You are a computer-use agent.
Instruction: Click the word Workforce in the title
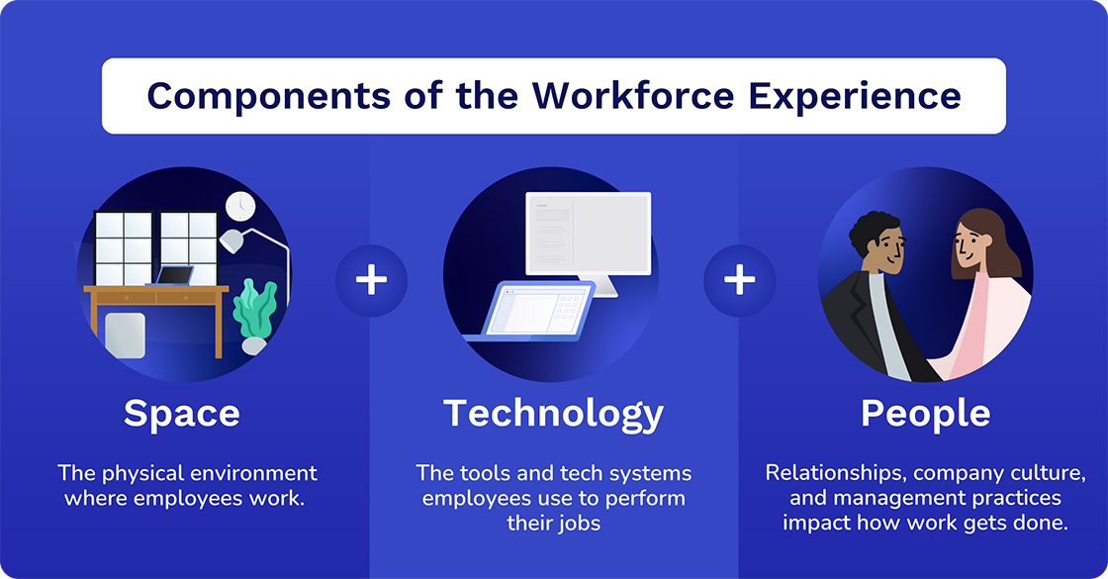[x=633, y=96]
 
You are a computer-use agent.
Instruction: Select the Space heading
[x=182, y=413]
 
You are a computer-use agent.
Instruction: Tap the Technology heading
[x=553, y=413]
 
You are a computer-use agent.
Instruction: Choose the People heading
[x=925, y=413]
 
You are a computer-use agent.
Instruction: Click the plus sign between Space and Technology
[x=371, y=280]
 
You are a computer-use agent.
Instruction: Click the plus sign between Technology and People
[x=739, y=280]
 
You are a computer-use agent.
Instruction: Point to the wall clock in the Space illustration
[x=239, y=206]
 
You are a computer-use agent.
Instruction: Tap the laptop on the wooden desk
[x=175, y=276]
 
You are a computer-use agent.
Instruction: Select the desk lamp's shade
[x=232, y=241]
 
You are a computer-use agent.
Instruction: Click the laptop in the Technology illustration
[x=534, y=313]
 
